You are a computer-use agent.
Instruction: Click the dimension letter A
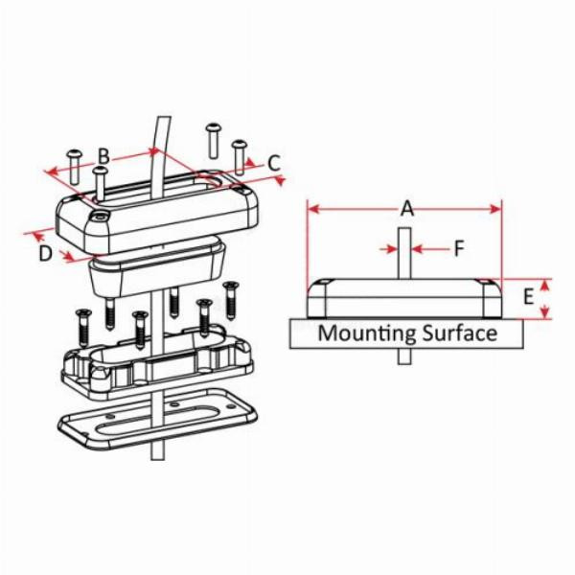point(406,208)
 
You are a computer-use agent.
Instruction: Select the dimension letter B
point(105,156)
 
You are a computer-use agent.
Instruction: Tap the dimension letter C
point(274,163)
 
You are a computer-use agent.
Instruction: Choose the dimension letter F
point(459,249)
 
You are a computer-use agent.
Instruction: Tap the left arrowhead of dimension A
point(311,209)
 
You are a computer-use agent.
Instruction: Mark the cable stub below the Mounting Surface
point(404,356)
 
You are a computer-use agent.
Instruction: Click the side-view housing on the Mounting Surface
point(404,299)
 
